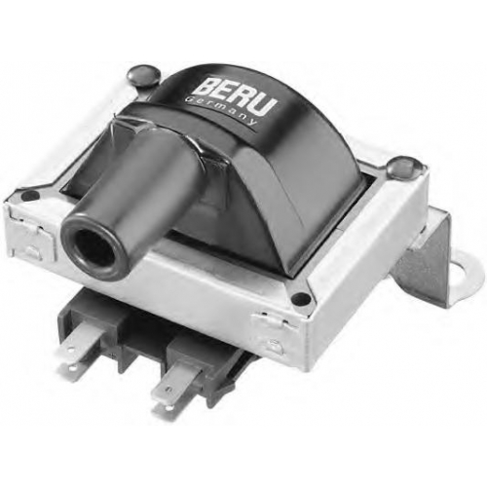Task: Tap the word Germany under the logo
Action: (x=223, y=112)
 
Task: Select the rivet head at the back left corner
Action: (x=144, y=77)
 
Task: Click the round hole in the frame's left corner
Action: (x=31, y=196)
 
